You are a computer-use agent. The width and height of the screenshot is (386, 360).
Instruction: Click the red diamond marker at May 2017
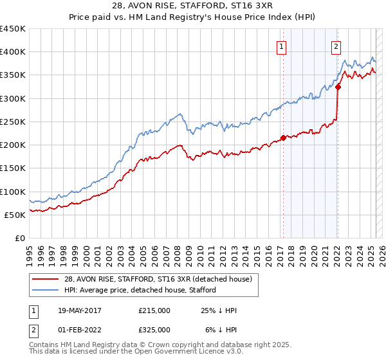283,138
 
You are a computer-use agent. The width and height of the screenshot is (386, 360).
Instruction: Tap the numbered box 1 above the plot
282,46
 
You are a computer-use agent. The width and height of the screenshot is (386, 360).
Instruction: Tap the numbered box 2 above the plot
336,46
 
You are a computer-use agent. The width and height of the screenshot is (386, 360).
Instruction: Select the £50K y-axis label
15,215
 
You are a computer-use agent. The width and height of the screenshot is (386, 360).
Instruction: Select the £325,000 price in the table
154,330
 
